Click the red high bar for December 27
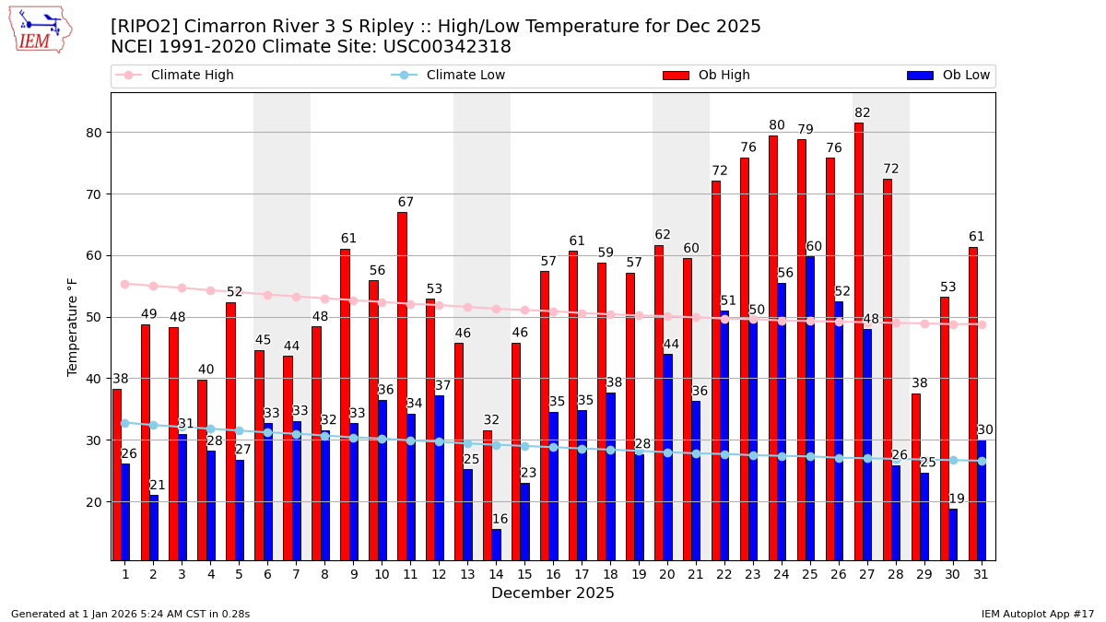pos(859,341)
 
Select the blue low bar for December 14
pos(496,544)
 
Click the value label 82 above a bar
pos(863,113)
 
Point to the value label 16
pos(500,520)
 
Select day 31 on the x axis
pos(981,574)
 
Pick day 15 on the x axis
pos(524,574)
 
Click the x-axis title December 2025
pos(553,593)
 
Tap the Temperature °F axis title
pos(74,326)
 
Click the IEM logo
pos(41,29)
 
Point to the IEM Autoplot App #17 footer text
pos(1038,614)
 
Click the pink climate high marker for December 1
pos(124,284)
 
